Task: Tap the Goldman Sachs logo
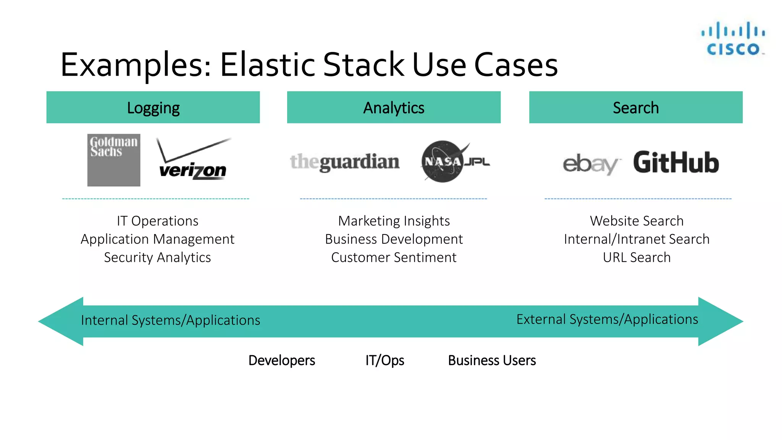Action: (x=114, y=160)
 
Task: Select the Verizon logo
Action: (x=193, y=160)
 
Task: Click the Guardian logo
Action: (x=345, y=162)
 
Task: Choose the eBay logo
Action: (x=591, y=164)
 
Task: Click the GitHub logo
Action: (x=676, y=163)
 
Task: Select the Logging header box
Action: (x=153, y=107)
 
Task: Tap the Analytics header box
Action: (x=394, y=107)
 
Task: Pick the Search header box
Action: (x=636, y=107)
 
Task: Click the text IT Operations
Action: (x=157, y=221)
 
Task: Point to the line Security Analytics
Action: (x=157, y=258)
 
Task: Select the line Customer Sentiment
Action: (x=394, y=258)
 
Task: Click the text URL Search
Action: (x=637, y=258)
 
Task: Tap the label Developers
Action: (x=282, y=361)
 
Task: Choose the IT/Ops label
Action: (x=385, y=361)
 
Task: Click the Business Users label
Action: (x=492, y=361)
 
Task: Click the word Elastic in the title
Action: (x=267, y=65)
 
